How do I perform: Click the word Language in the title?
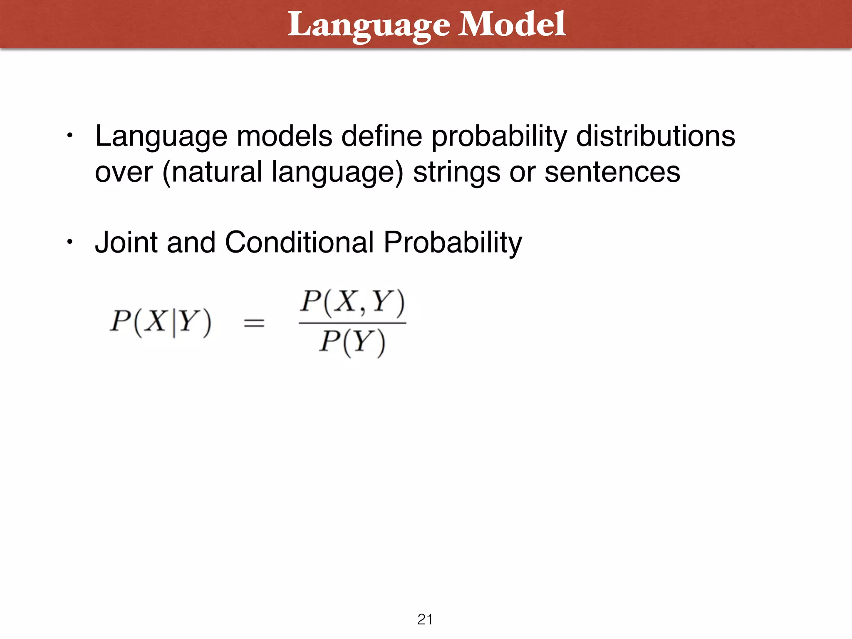[x=369, y=25]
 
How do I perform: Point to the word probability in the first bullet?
[x=499, y=137]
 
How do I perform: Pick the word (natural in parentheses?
[x=212, y=172]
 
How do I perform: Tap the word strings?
[x=456, y=172]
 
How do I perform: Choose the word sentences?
[x=612, y=172]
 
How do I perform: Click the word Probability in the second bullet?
[x=453, y=243]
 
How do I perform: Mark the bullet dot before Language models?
[x=70, y=136]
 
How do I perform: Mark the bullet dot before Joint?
[x=70, y=242]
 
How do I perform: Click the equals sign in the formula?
[x=254, y=323]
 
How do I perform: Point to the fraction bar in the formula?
[x=352, y=323]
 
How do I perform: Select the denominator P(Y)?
[x=352, y=343]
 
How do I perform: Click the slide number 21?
[x=425, y=619]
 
